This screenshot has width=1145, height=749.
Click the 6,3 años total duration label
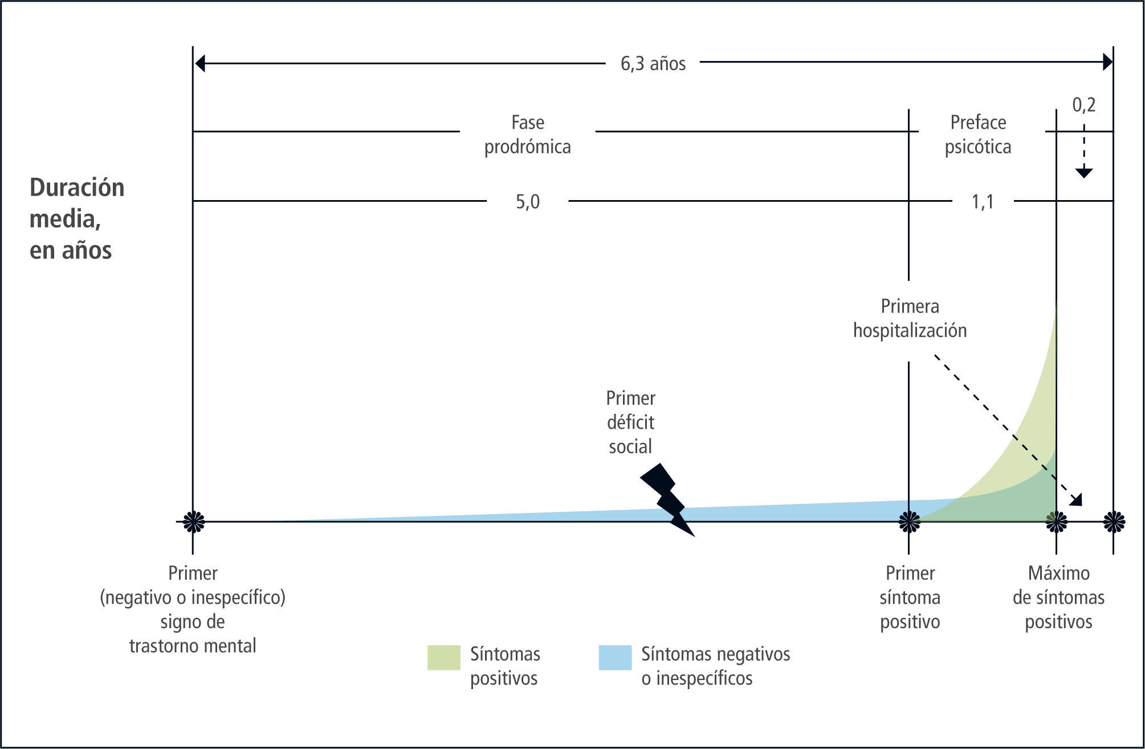point(653,63)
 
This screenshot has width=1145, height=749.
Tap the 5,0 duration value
point(527,202)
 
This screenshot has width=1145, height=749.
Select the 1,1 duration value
point(983,202)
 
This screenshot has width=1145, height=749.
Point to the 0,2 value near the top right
point(1083,105)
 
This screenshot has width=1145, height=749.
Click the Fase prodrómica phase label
point(527,135)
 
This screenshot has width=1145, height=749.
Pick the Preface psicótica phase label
point(978,135)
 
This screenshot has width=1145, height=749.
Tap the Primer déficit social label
point(630,422)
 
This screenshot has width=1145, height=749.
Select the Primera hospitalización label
point(910,319)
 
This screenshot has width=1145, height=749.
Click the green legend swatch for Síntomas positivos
point(443,657)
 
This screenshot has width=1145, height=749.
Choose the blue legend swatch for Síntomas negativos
point(615,657)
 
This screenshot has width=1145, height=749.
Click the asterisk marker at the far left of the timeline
point(194,521)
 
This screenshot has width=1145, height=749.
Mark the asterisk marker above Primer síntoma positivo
point(909,521)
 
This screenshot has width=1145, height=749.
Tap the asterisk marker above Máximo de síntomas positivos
point(1056,521)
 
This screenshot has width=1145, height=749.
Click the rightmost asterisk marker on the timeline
point(1114,521)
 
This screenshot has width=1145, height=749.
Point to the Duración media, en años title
point(77,219)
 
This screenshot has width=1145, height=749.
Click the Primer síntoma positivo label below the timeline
point(910,597)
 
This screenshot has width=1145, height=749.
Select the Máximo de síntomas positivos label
point(1058,597)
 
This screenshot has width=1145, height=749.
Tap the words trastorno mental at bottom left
point(193,646)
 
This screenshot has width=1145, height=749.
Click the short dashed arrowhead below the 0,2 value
point(1083,172)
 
